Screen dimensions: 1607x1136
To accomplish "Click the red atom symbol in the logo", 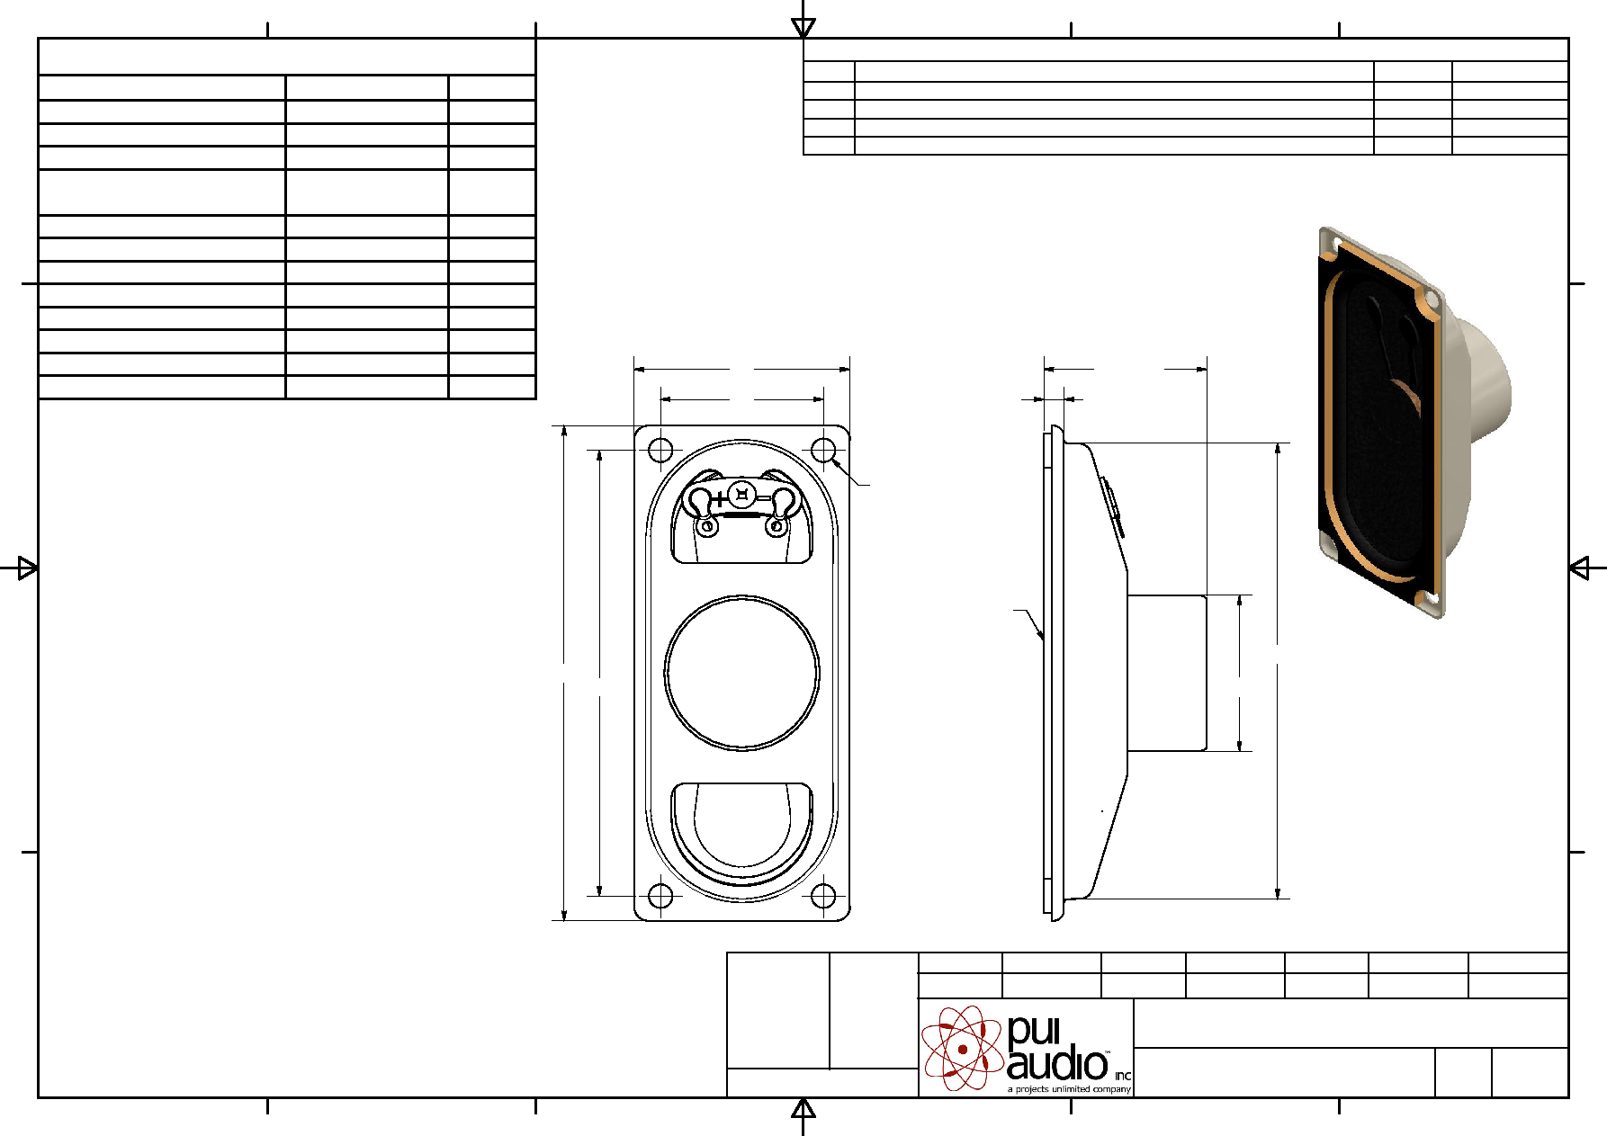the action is pyautogui.click(x=962, y=1048).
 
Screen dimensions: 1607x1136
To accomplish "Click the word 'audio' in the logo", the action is pyautogui.click(x=1057, y=1064).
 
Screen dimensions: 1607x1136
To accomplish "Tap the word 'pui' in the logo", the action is pyautogui.click(x=1034, y=1032).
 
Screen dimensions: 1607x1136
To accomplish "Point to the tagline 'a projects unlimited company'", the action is pyautogui.click(x=1069, y=1089).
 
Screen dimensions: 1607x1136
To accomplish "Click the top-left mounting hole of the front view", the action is pyautogui.click(x=660, y=450).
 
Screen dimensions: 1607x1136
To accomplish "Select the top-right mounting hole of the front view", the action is pyautogui.click(x=823, y=450).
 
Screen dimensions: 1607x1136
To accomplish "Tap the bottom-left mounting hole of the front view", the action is pyautogui.click(x=660, y=896).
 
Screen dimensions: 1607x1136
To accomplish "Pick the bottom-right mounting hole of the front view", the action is pyautogui.click(x=823, y=896).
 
